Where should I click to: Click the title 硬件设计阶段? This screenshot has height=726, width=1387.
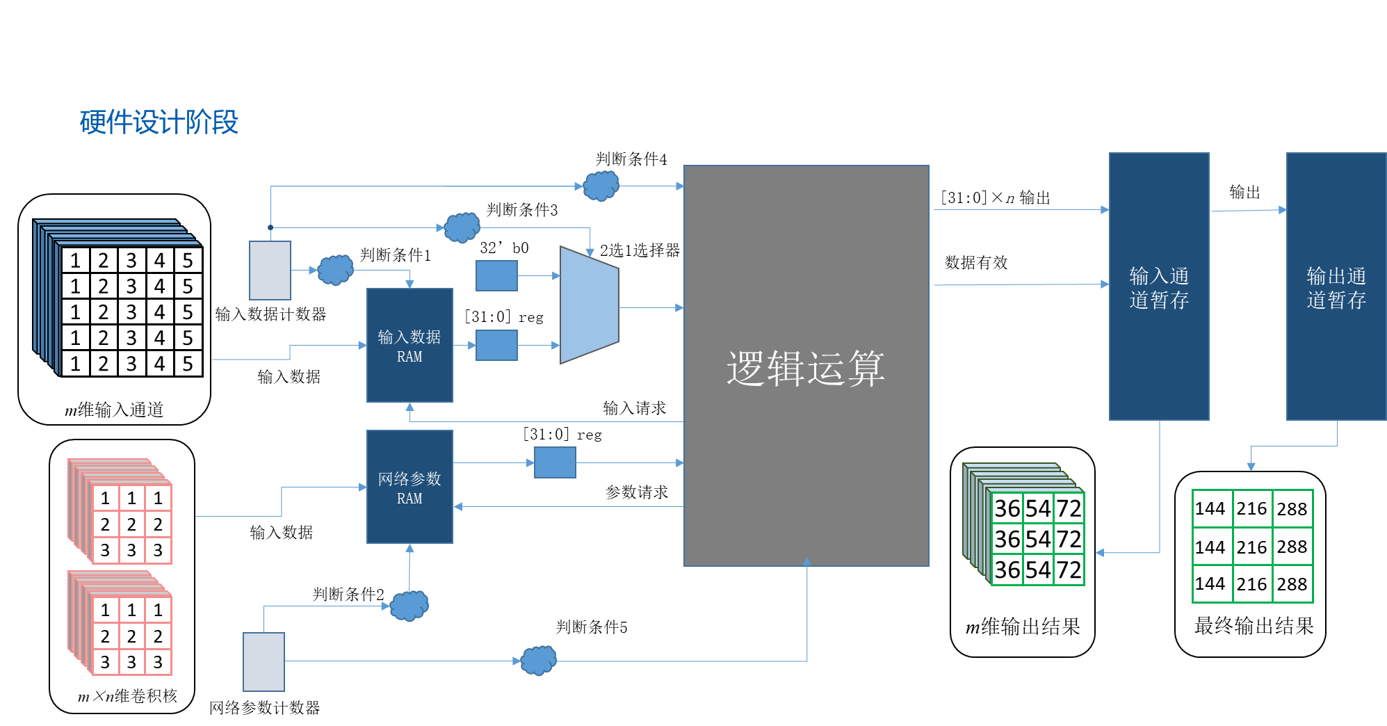(159, 122)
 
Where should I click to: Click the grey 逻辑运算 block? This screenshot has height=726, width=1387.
(806, 366)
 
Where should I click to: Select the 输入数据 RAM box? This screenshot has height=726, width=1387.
(409, 346)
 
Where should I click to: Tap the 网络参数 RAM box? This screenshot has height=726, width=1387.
(409, 487)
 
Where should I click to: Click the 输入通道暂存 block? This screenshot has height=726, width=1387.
(1158, 287)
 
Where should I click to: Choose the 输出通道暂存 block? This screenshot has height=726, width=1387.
(1336, 287)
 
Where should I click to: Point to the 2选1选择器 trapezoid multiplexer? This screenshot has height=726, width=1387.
(588, 305)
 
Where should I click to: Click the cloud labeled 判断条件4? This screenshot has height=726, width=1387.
(601, 186)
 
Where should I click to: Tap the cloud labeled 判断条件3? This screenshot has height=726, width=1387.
(462, 227)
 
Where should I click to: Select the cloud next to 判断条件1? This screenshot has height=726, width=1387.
(335, 270)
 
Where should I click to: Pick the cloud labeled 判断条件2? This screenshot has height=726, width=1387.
(409, 606)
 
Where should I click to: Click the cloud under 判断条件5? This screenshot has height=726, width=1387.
(539, 661)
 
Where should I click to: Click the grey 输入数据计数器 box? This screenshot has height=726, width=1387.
(270, 271)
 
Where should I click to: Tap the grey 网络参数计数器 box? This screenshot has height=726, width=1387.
(263, 661)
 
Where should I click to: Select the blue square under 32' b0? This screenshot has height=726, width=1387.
(496, 276)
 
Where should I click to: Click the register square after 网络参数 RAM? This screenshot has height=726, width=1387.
(555, 462)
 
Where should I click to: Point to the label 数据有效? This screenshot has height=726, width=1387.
(976, 263)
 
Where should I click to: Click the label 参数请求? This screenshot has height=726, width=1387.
(636, 492)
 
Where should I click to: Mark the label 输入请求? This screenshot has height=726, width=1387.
(634, 408)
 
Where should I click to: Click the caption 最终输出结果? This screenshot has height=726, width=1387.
(1254, 626)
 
